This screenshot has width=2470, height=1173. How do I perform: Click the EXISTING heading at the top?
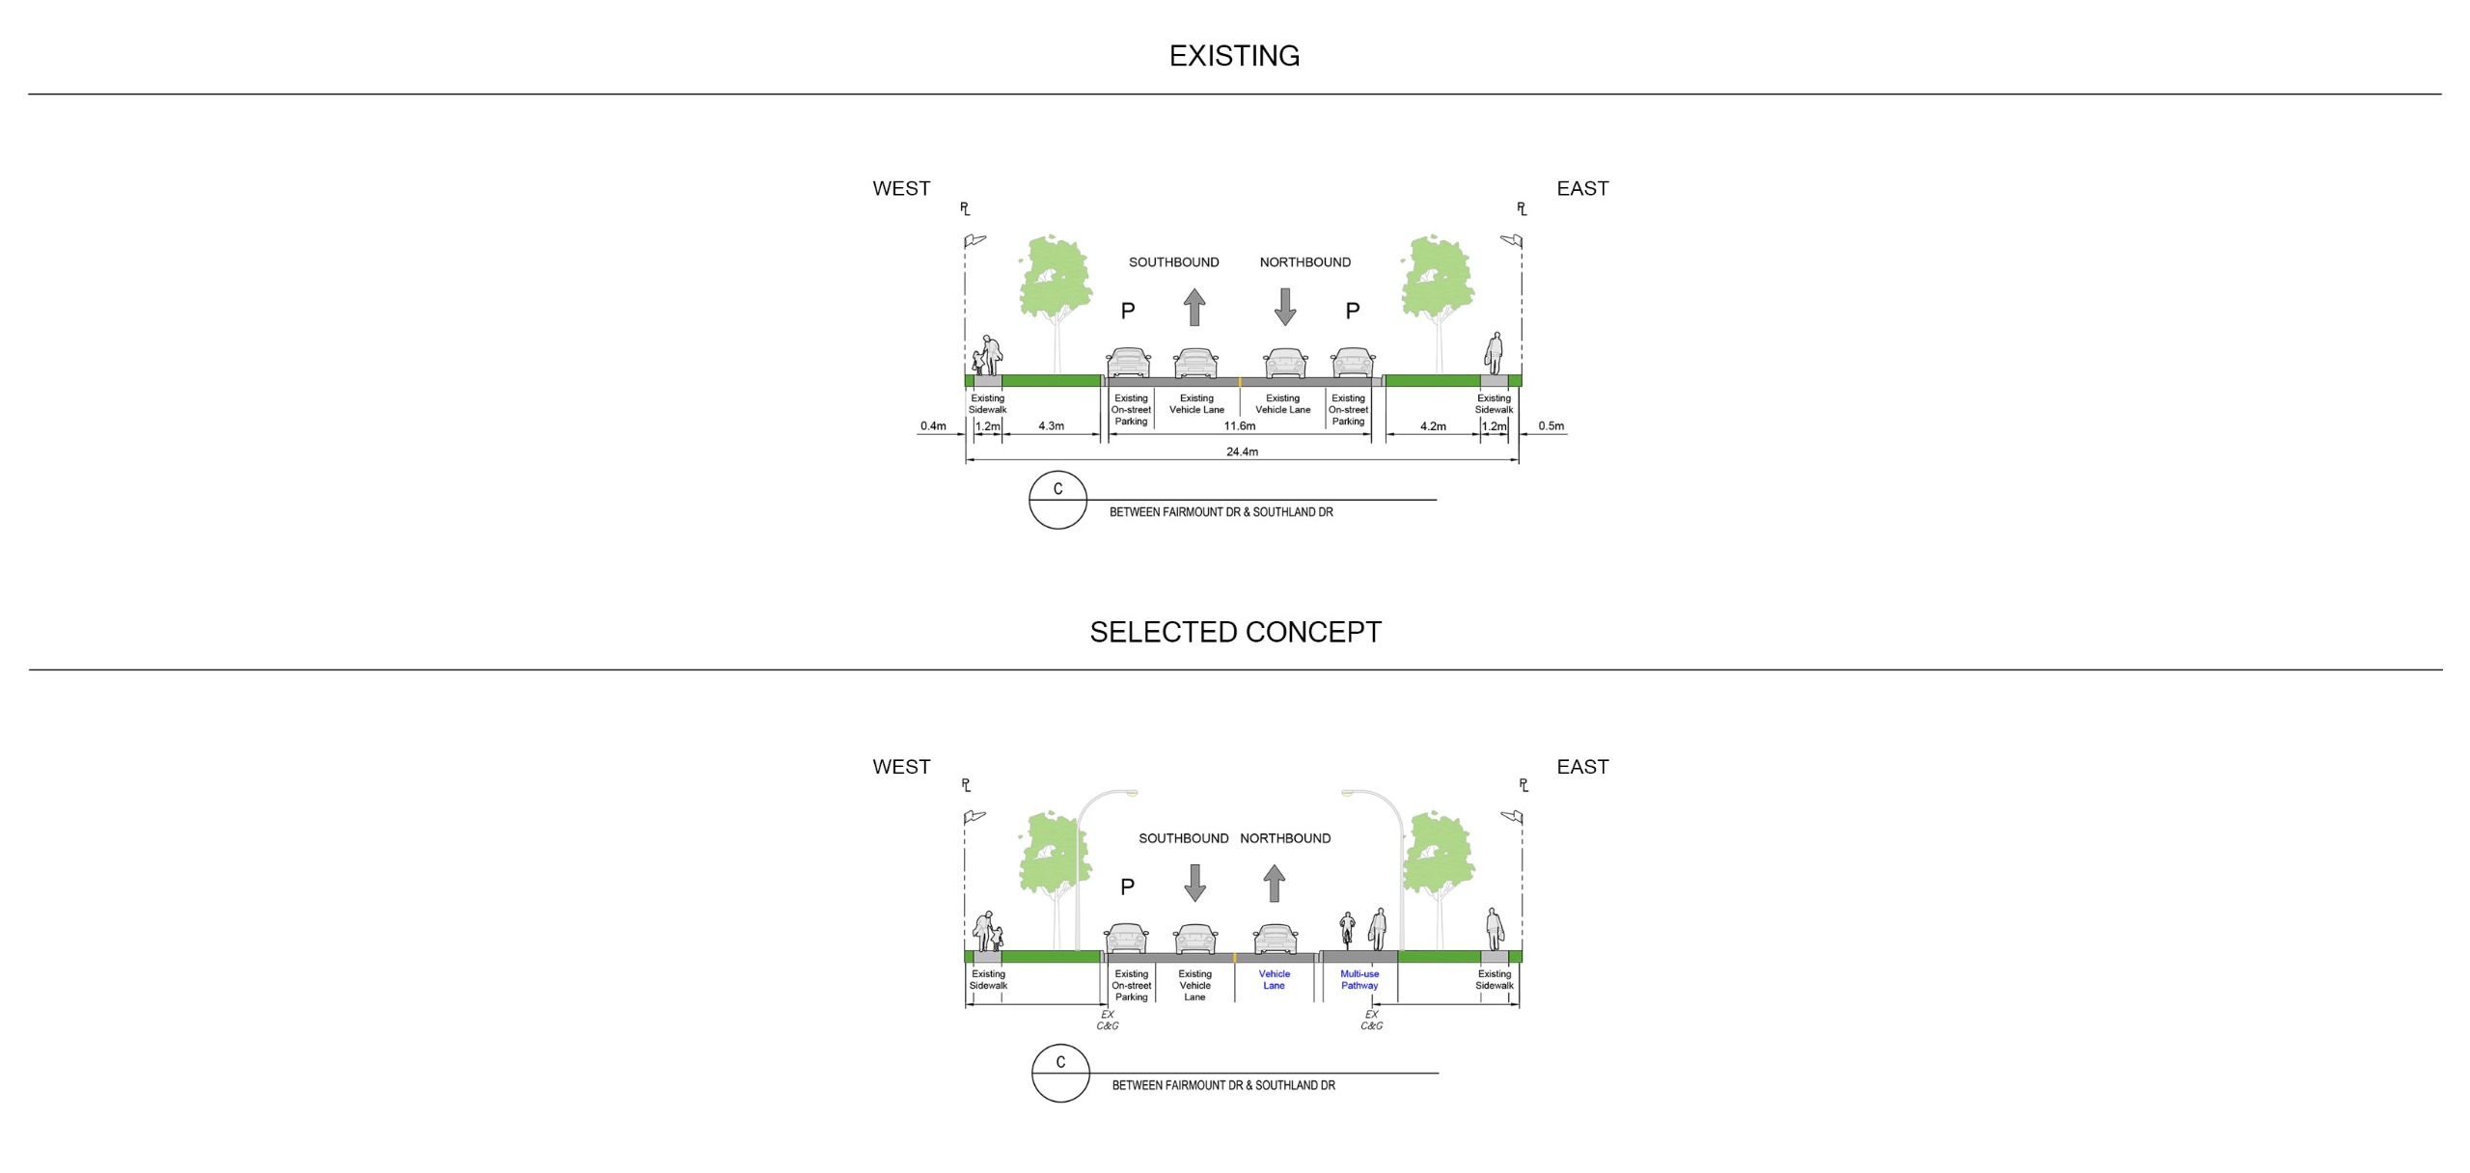(x=1234, y=56)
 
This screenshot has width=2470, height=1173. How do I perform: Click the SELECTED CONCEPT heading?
(x=1235, y=632)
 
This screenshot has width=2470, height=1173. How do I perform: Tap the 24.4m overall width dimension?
(x=1242, y=451)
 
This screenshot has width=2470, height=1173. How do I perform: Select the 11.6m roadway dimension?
(x=1240, y=426)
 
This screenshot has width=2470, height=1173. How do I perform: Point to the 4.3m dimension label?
(x=1051, y=426)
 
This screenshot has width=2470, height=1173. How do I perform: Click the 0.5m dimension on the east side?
(x=1551, y=426)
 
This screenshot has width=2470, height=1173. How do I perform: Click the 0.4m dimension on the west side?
(x=933, y=426)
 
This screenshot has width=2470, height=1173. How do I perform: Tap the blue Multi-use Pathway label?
(x=1359, y=980)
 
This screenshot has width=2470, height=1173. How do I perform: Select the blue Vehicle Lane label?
(x=1274, y=980)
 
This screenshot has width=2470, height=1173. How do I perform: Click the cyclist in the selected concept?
(x=1347, y=931)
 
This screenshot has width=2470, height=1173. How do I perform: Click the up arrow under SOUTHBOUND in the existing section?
(x=1194, y=307)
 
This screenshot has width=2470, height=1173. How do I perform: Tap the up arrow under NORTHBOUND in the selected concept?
(x=1275, y=883)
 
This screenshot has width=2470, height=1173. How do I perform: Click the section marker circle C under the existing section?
(x=1057, y=500)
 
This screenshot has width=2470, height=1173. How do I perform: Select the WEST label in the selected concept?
(x=901, y=767)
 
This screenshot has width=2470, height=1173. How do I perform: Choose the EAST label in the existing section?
(x=1582, y=189)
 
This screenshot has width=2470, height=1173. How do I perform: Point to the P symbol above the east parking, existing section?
(x=1353, y=311)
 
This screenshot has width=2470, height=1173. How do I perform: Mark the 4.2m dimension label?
(x=1433, y=426)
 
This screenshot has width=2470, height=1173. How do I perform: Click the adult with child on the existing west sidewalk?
(x=986, y=356)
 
